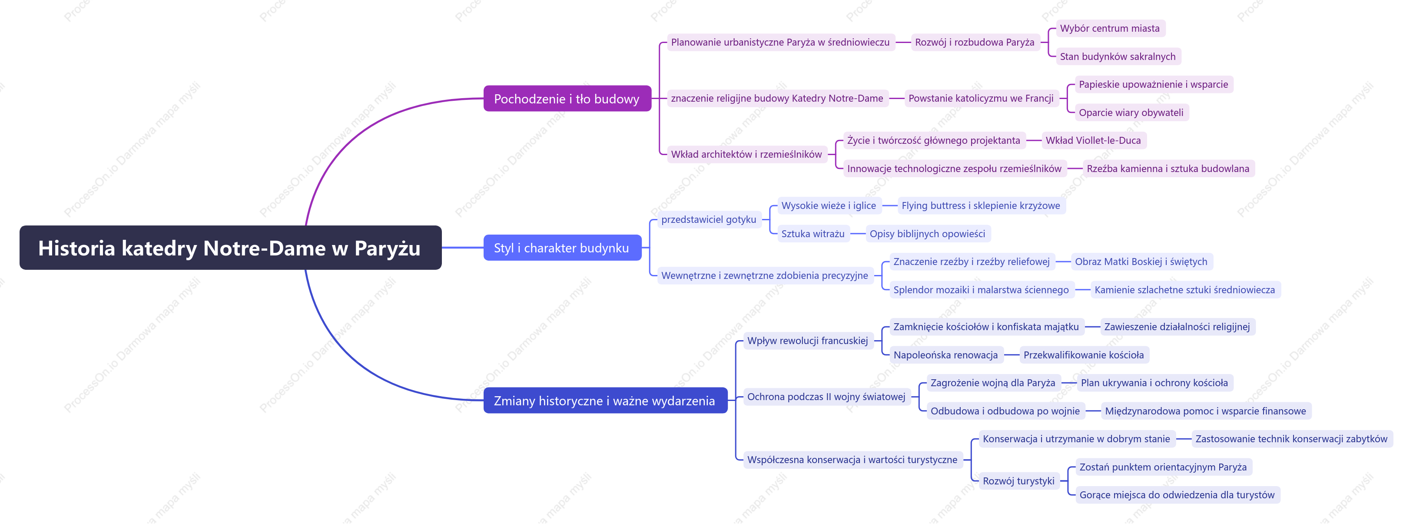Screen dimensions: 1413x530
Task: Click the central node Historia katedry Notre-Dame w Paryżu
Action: (x=230, y=248)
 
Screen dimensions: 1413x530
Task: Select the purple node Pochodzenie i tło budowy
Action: (x=567, y=99)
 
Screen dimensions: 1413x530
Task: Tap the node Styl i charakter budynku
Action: (x=562, y=248)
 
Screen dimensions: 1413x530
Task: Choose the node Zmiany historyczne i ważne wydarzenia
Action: (x=605, y=401)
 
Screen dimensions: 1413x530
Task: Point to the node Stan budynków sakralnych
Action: (x=1118, y=56)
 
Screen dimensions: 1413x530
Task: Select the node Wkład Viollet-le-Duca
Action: (x=1093, y=140)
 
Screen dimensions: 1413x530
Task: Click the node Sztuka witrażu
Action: (x=813, y=234)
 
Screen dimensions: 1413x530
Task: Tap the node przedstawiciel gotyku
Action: (x=709, y=219)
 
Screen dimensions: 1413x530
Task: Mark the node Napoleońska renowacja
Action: (x=945, y=355)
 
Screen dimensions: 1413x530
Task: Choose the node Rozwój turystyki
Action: (x=1018, y=481)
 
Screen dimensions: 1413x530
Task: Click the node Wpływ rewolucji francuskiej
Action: (x=807, y=341)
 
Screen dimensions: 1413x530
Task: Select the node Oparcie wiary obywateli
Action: (x=1131, y=113)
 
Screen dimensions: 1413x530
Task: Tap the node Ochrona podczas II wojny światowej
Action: (x=826, y=397)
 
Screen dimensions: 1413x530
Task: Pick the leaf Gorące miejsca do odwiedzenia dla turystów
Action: (x=1177, y=495)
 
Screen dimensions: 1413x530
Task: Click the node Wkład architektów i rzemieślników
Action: (x=746, y=154)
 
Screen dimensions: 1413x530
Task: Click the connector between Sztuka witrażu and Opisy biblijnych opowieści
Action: (x=858, y=234)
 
